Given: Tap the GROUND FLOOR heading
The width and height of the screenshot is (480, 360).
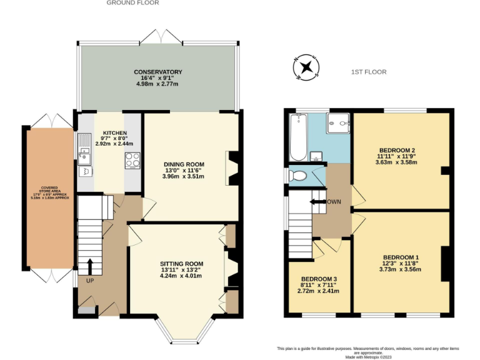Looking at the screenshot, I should (x=132, y=3).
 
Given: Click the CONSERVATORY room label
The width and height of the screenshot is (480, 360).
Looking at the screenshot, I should (x=157, y=72).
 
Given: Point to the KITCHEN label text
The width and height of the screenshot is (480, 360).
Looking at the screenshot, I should (x=115, y=133).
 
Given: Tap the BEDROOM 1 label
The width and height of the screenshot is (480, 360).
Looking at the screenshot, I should (x=400, y=257).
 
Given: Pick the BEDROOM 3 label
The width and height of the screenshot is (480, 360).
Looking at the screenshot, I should (x=319, y=279).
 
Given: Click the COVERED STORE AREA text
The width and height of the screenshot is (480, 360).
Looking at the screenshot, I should (x=49, y=187).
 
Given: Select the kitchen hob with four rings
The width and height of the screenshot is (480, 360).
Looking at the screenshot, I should (x=132, y=161).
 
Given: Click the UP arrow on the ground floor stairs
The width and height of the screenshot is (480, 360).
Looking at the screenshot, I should (x=89, y=266).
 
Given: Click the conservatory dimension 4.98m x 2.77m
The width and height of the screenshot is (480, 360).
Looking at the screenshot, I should (x=157, y=84).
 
